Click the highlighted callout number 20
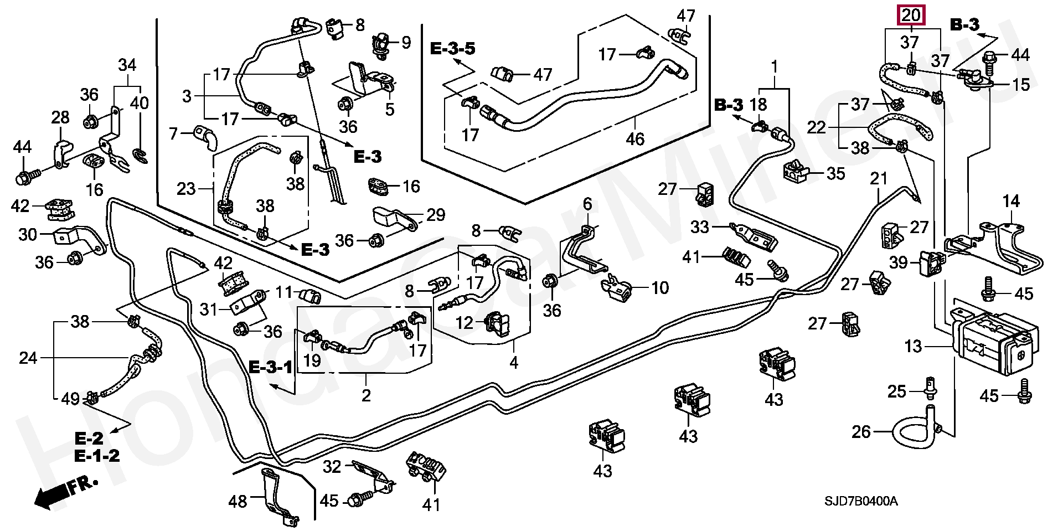tap(911, 16)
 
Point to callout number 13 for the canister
tap(913, 347)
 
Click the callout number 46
tap(635, 138)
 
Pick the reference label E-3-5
tap(453, 49)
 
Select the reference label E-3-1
tap(270, 367)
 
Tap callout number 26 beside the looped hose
tap(861, 431)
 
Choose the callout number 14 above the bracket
tap(1011, 201)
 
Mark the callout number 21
tap(879, 179)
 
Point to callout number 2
tap(366, 395)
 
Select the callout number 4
tap(514, 363)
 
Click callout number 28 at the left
tap(60, 117)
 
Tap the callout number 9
tap(407, 43)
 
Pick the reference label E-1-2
tap(97, 456)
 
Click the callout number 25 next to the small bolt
tap(897, 392)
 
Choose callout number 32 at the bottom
tap(332, 467)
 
